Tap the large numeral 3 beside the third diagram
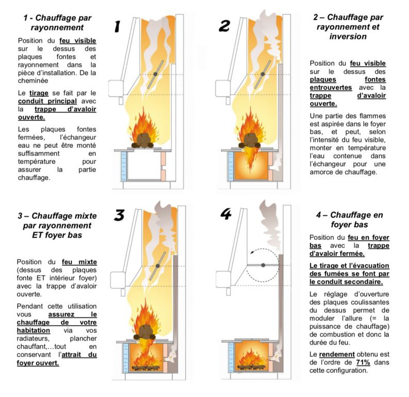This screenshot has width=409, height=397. (x=119, y=215)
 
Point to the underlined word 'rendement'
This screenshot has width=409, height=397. (x=336, y=354)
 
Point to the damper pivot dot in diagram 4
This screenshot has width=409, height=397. (x=263, y=265)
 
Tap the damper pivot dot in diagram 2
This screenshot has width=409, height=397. (x=263, y=74)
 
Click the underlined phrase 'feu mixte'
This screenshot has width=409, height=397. (x=79, y=262)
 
